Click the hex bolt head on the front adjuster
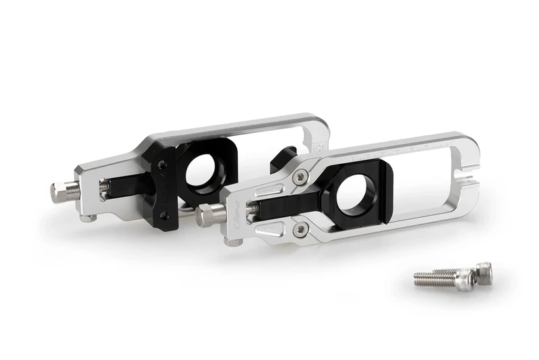210,215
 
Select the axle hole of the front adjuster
356,191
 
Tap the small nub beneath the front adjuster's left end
234,241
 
